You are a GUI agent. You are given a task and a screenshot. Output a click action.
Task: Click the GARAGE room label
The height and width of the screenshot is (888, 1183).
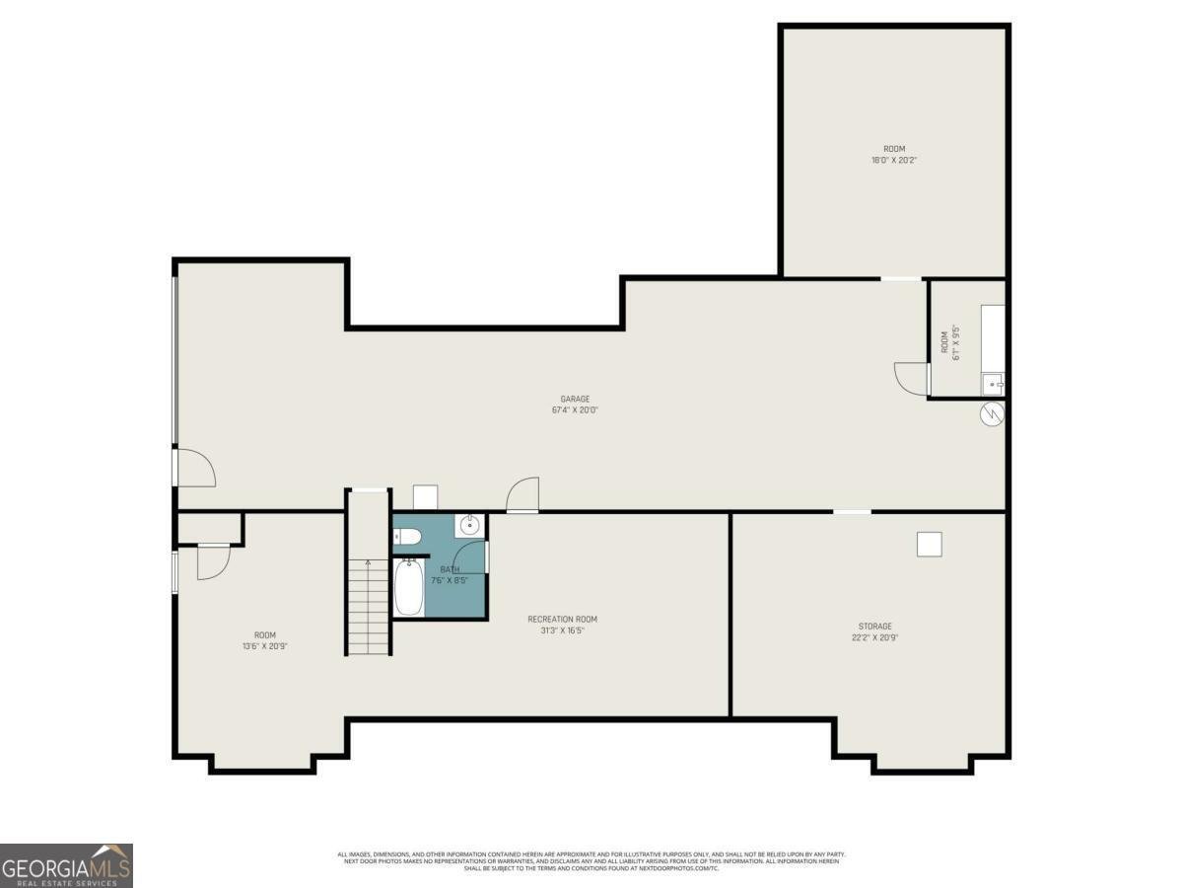pyautogui.click(x=575, y=400)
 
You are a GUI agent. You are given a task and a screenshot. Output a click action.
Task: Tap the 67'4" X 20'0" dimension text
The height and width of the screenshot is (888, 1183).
pyautogui.click(x=575, y=410)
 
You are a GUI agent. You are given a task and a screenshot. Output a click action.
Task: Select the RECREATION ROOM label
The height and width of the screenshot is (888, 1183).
pyautogui.click(x=562, y=620)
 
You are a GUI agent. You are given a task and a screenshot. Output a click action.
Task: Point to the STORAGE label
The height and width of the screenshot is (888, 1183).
pyautogui.click(x=874, y=627)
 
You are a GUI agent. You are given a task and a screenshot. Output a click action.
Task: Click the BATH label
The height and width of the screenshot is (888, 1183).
pyautogui.click(x=450, y=569)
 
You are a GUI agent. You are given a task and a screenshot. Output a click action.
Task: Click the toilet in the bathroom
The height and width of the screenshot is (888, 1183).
pyautogui.click(x=408, y=537)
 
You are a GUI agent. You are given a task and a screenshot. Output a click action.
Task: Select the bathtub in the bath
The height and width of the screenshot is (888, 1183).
pyautogui.click(x=408, y=587)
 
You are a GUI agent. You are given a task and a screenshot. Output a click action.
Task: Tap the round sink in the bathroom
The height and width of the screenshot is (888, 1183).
pyautogui.click(x=470, y=525)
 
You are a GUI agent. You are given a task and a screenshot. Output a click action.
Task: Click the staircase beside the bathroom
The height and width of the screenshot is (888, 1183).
pyautogui.click(x=368, y=602)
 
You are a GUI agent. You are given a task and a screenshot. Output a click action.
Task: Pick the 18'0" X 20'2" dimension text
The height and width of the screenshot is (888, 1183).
pyautogui.click(x=894, y=160)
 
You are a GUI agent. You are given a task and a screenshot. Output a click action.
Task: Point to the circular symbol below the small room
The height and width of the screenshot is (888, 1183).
pyautogui.click(x=992, y=414)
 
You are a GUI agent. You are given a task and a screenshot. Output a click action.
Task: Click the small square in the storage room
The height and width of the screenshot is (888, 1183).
pyautogui.click(x=929, y=544)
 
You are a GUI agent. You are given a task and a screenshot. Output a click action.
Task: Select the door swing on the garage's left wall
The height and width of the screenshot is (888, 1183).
pyautogui.click(x=195, y=468)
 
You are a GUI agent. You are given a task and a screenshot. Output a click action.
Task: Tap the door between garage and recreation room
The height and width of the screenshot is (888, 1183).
pyautogui.click(x=522, y=494)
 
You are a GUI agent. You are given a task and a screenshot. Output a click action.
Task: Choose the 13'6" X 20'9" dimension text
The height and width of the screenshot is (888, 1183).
pyautogui.click(x=265, y=646)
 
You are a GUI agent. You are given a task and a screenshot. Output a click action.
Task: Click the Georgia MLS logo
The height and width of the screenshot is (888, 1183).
pyautogui.click(x=66, y=865)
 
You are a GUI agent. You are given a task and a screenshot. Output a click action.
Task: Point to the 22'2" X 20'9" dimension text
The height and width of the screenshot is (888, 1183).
pyautogui.click(x=874, y=637)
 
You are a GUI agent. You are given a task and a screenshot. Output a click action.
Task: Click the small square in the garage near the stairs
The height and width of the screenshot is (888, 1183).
pyautogui.click(x=425, y=497)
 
